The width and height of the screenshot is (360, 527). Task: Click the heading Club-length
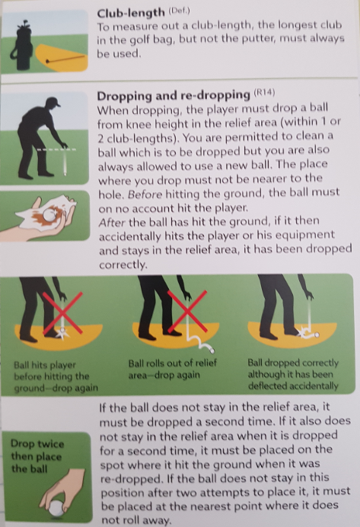click(130, 13)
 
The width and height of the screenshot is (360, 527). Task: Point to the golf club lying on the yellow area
click(65, 59)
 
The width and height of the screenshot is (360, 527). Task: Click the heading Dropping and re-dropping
click(173, 96)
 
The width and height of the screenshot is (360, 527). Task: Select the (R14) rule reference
click(264, 92)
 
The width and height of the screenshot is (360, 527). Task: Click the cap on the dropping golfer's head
click(54, 102)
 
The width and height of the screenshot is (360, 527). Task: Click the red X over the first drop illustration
click(63, 313)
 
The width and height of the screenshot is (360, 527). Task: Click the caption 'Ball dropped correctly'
click(293, 363)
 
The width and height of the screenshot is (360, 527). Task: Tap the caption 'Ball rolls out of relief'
click(173, 363)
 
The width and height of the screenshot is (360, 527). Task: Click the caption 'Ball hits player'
click(45, 365)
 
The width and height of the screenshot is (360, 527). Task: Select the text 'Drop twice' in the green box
click(37, 444)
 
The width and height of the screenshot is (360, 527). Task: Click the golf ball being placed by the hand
click(56, 508)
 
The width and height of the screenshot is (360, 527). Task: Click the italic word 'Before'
click(145, 194)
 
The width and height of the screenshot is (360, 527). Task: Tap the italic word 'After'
click(112, 222)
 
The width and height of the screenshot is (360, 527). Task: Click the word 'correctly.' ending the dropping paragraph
click(124, 265)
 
